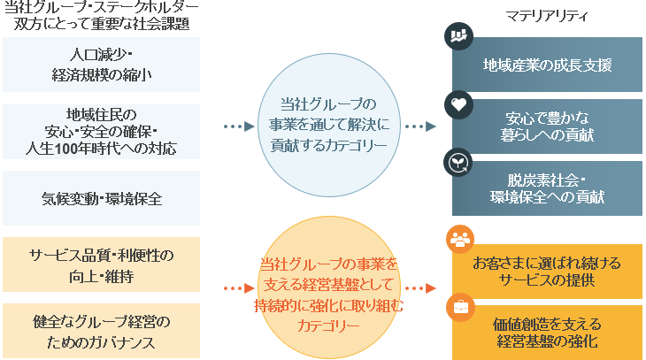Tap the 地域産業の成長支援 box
click(547, 65)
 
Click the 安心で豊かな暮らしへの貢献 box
click(547, 126)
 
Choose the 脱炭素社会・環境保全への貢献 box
click(547, 188)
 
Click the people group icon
click(460, 240)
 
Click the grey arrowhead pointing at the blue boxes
click(432, 126)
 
